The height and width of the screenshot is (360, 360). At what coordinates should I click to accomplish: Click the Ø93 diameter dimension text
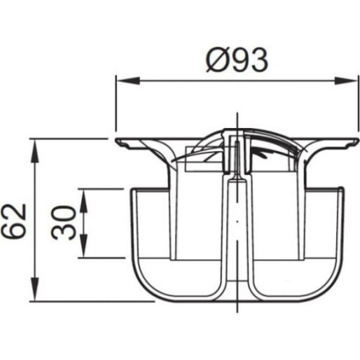pyautogui.click(x=237, y=61)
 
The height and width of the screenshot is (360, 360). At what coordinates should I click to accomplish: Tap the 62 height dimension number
pyautogui.click(x=14, y=221)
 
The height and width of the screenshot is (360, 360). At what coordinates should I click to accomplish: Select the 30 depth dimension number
pyautogui.click(x=64, y=223)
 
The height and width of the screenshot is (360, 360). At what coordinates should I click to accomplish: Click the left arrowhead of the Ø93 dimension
pyautogui.click(x=128, y=81)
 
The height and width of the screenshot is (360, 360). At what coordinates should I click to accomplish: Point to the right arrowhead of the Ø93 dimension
pyautogui.click(x=345, y=81)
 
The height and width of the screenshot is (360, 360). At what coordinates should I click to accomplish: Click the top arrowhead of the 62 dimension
pyautogui.click(x=34, y=151)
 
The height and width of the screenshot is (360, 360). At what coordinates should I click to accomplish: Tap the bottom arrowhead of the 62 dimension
pyautogui.click(x=34, y=289)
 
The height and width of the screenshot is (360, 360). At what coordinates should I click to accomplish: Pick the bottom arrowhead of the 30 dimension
pyautogui.click(x=84, y=246)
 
